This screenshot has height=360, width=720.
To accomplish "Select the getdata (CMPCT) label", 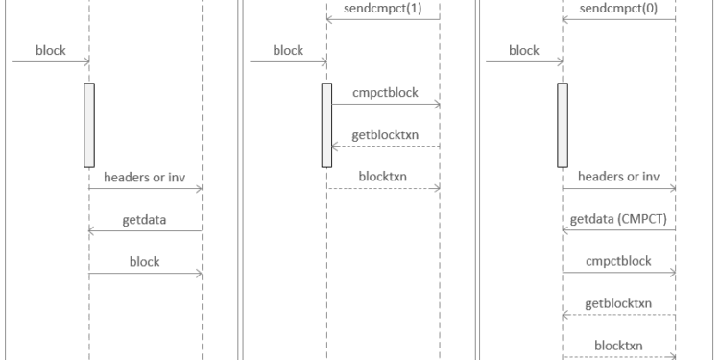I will click(x=618, y=219).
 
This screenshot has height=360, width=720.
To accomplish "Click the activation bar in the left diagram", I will click(x=89, y=125).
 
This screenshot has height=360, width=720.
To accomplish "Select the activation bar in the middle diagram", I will click(x=325, y=125).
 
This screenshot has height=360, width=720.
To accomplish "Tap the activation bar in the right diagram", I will click(x=563, y=125).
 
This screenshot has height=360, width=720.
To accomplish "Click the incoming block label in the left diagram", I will click(x=50, y=51).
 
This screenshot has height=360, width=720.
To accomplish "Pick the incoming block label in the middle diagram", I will click(x=288, y=51).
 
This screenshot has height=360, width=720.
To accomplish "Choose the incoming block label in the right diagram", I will click(x=523, y=51).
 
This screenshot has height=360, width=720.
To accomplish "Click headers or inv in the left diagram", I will click(x=146, y=177).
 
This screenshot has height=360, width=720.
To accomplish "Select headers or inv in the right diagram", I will click(x=618, y=177).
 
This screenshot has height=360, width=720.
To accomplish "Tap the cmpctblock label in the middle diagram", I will click(x=383, y=92).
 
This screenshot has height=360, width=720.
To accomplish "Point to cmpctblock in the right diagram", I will click(x=618, y=260).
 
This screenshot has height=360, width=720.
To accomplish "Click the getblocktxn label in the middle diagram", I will click(x=383, y=134).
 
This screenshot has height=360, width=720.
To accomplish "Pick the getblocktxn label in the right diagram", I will click(x=618, y=302).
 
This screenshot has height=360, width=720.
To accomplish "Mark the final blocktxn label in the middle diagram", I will click(x=383, y=177).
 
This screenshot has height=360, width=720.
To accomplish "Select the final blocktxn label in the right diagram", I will click(x=618, y=344).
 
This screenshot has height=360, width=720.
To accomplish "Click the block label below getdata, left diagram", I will click(x=146, y=260).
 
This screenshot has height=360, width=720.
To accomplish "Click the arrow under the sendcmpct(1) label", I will click(x=383, y=20).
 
